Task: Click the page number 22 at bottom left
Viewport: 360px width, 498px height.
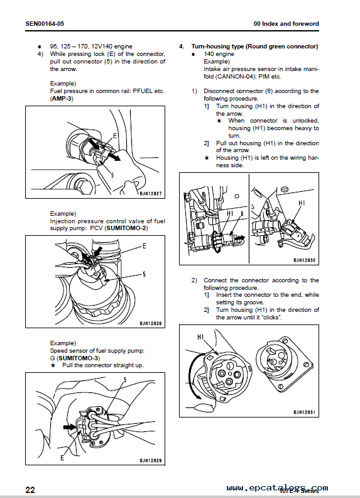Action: (30, 490)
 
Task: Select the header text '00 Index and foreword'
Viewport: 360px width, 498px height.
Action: (286, 24)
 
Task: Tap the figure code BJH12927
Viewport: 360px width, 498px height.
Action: (148, 193)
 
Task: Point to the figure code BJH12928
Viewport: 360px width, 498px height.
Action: (148, 323)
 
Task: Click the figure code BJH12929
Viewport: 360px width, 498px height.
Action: (148, 461)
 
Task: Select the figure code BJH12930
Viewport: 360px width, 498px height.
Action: (305, 260)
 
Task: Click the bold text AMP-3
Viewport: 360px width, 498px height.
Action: (62, 99)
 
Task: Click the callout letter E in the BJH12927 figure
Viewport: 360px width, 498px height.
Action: (114, 135)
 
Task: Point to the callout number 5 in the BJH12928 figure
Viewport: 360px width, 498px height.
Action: (143, 274)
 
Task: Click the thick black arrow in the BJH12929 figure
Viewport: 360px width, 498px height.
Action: (69, 425)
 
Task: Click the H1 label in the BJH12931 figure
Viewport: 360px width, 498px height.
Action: (201, 338)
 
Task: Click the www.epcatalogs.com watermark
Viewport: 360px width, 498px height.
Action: (276, 487)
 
